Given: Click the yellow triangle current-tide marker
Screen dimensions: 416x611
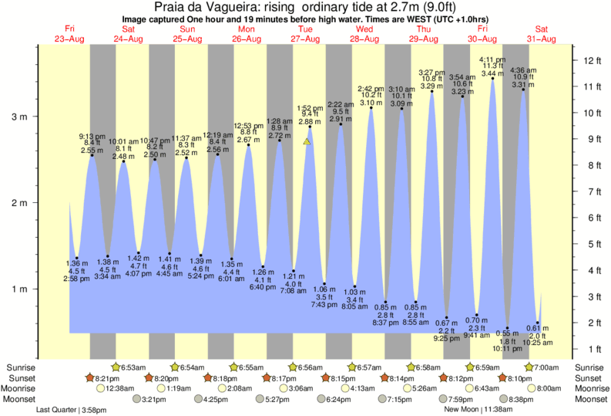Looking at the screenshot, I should pos(307,142).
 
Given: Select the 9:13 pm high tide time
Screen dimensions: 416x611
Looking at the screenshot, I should pos(92,135).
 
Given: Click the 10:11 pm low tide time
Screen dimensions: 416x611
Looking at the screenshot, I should pos(508,348).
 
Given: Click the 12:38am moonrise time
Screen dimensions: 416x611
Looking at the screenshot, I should pos(113,388).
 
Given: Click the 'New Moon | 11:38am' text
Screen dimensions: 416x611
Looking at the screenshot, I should pos(471,410).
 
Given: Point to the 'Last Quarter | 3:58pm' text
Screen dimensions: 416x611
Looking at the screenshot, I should pos(70,410).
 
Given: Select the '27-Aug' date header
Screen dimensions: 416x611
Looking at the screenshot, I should pos(306,39).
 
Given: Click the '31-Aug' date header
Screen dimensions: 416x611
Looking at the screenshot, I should pos(541,39).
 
